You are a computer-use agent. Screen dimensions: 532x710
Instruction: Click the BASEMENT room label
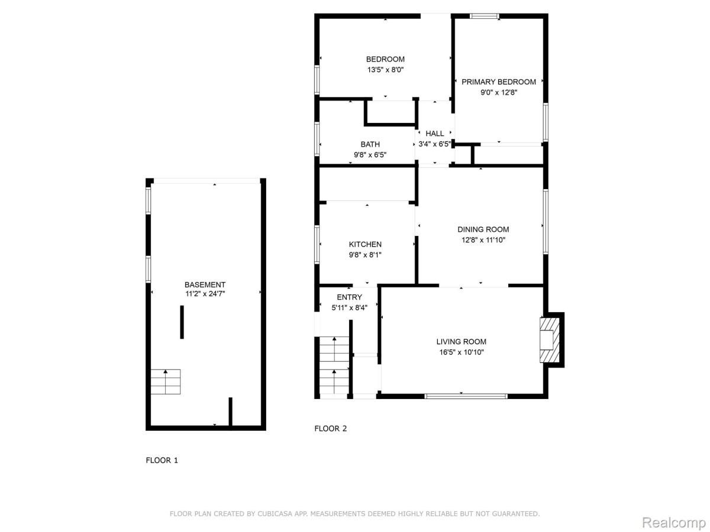coord(205,284)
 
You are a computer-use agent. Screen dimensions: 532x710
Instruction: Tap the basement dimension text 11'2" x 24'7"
coord(205,294)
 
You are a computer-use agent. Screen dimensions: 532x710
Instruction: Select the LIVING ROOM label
coord(461,341)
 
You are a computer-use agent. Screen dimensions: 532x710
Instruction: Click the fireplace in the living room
coord(548,339)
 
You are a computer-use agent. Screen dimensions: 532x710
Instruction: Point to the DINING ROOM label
coord(483,229)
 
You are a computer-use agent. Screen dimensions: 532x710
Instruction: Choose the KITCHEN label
coord(365,244)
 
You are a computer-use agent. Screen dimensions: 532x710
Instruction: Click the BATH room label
coord(370,144)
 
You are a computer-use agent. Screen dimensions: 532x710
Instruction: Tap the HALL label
coord(434,134)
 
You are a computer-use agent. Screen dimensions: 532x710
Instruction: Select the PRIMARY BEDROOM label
coord(499,82)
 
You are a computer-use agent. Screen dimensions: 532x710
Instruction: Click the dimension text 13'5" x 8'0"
coord(385,69)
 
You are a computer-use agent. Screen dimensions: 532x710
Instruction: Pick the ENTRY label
coord(349,297)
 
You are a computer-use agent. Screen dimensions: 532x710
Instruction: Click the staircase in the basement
coord(165,382)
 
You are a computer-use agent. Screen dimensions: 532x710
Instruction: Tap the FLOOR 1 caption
coord(162,460)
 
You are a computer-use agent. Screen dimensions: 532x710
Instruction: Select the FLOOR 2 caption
coord(330,429)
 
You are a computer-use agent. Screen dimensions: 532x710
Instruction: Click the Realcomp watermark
coord(673,523)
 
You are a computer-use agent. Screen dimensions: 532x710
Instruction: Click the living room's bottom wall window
coord(466,395)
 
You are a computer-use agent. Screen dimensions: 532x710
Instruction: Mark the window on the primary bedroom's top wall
coord(484,17)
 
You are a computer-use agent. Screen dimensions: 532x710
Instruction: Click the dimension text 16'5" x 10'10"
coord(461,352)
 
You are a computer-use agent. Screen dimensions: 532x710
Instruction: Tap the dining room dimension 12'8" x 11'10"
coord(483,240)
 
